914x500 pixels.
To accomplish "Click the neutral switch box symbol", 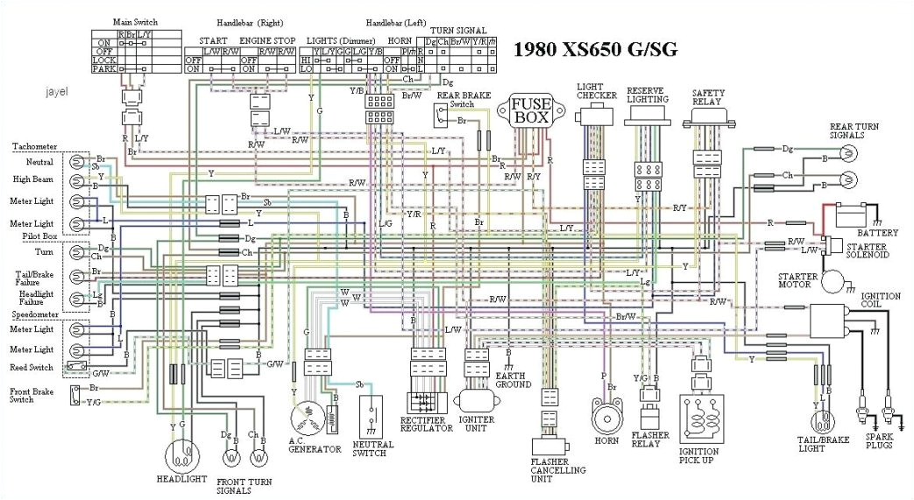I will (372, 416).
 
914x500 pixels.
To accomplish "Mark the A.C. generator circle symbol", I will (308, 413).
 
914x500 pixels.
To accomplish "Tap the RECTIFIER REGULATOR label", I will (423, 424).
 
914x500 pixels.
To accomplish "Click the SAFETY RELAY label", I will (707, 95).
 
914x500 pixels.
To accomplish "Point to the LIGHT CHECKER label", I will (596, 91).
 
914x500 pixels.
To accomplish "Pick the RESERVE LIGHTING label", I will (649, 95).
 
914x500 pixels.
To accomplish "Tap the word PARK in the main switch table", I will (104, 67).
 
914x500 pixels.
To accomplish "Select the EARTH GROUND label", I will (513, 379).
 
